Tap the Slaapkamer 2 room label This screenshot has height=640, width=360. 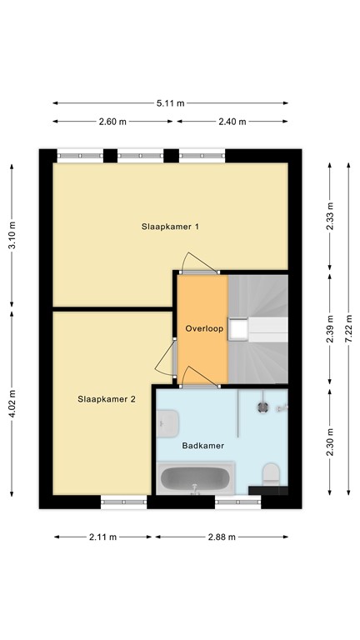point(106,398)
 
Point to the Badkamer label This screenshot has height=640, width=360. point(203,446)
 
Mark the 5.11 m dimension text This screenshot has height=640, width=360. point(172,102)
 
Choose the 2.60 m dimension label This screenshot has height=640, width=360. point(112,122)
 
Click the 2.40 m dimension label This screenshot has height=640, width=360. point(232,122)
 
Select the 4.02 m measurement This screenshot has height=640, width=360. point(12,407)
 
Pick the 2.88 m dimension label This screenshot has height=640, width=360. point(222,537)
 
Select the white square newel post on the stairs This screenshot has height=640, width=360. point(239,329)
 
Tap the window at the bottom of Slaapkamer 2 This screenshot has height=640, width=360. point(123,502)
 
